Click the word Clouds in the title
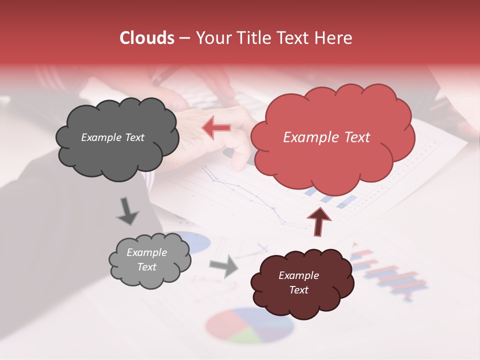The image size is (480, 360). pos(147,38)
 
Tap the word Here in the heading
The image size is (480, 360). pos(333,38)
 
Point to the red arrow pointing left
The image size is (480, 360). pos(216,127)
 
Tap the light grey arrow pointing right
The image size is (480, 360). pos(224,265)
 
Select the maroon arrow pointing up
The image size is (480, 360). pos(319,220)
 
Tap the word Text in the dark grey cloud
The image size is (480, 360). pos(134,137)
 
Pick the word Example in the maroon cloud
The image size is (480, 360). pos(298,275)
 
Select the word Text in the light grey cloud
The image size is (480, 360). pos(147,267)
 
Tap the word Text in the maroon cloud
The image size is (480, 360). pos(298,290)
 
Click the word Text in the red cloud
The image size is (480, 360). pos(354,137)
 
